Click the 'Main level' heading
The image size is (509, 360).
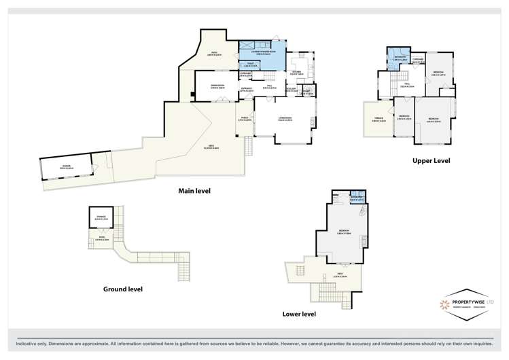(194, 191)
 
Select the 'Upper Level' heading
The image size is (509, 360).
(432, 161)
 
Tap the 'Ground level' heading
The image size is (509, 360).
(122, 289)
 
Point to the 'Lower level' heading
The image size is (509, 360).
(299, 314)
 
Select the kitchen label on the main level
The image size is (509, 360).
(296, 73)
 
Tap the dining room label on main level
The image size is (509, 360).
(217, 86)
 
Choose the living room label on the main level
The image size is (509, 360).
(285, 119)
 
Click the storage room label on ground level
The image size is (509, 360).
(101, 219)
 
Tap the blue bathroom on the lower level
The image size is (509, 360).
(356, 199)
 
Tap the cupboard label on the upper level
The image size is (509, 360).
(417, 60)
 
